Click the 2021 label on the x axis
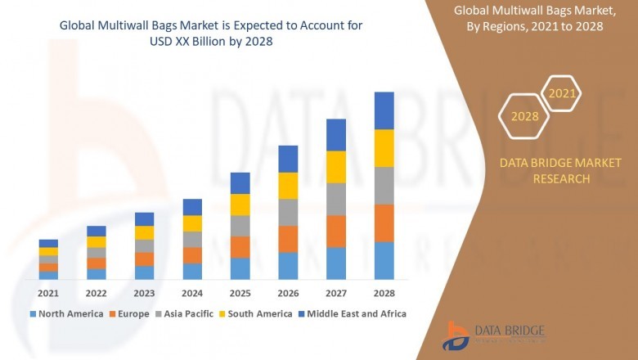point(48,293)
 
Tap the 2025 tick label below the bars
point(240,293)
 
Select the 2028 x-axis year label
point(384,293)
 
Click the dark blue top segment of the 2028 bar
point(384,110)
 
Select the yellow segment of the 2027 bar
point(335,167)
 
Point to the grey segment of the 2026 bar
point(288,212)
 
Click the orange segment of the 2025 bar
point(240,247)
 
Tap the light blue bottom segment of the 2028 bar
point(384,260)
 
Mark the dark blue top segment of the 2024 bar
point(192,207)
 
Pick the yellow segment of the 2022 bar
point(97,241)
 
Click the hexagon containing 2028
point(525,116)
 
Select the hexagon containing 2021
point(562,94)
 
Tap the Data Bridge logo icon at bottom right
point(456,335)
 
